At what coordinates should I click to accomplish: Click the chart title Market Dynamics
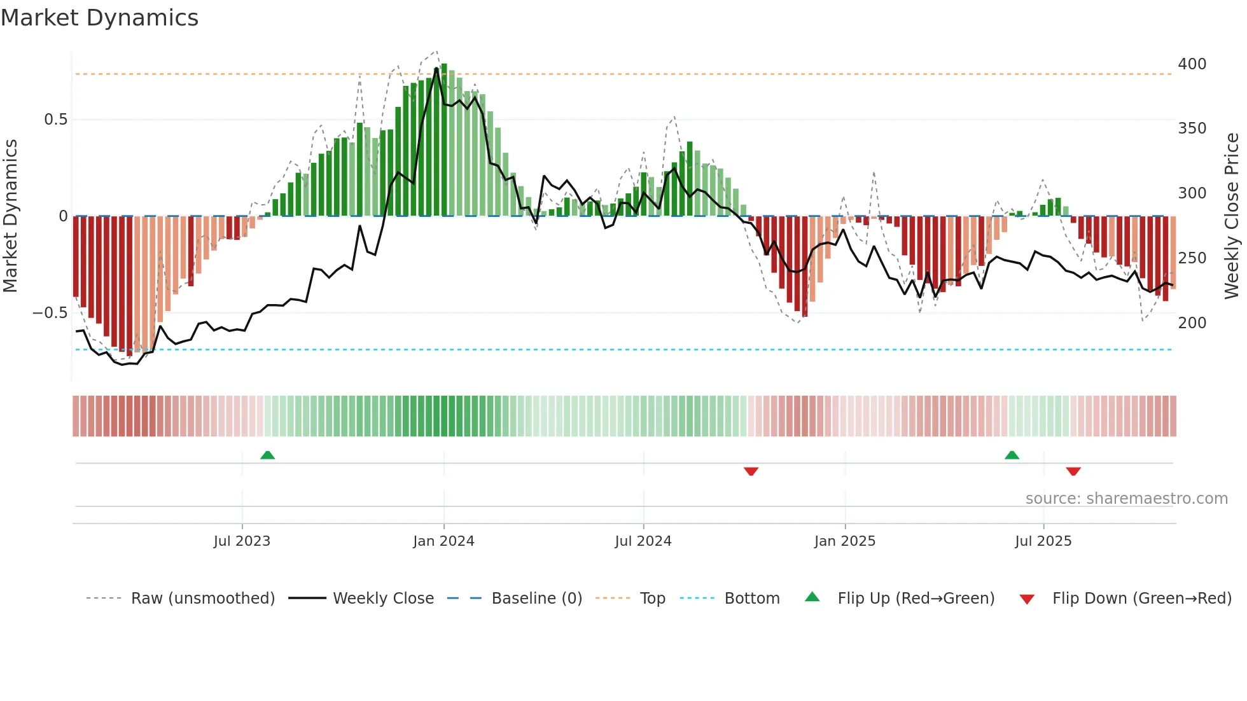(100, 18)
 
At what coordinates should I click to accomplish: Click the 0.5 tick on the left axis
(55, 120)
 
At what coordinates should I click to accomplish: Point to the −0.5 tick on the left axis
(50, 313)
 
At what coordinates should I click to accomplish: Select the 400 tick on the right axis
(1192, 64)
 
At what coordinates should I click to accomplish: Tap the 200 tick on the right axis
(1192, 323)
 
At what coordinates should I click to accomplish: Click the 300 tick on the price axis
(1192, 193)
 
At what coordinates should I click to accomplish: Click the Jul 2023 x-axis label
(242, 541)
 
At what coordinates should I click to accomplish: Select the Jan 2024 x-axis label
(443, 541)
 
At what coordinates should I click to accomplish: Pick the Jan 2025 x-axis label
(844, 541)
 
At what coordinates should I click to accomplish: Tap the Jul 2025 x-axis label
(1043, 541)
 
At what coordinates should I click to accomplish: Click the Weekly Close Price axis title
(1232, 216)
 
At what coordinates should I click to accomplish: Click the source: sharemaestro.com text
(1126, 499)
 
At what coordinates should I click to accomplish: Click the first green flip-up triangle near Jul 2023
(267, 455)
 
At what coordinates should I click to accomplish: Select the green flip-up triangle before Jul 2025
(1012, 455)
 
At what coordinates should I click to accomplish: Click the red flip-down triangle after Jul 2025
(1073, 471)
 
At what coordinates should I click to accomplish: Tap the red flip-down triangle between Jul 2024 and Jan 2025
(751, 471)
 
